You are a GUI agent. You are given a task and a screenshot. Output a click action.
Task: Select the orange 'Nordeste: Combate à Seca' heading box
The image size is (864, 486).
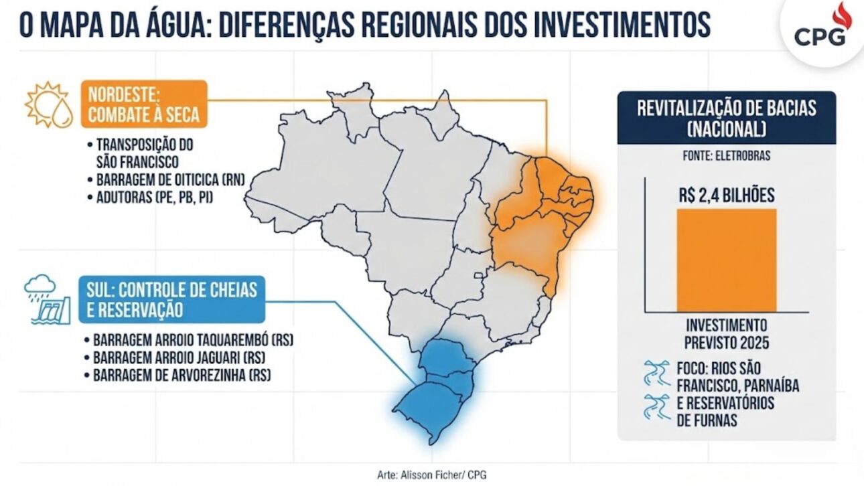tap(145, 104)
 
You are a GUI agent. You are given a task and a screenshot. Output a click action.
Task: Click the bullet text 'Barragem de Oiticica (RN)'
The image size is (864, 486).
tap(171, 179)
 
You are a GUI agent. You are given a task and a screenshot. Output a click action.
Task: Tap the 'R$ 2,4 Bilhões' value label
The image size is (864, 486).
tap(727, 196)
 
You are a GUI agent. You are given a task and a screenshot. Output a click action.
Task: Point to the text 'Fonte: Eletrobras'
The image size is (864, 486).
tap(727, 156)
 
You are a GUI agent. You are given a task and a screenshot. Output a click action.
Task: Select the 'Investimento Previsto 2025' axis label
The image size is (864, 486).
tap(727, 332)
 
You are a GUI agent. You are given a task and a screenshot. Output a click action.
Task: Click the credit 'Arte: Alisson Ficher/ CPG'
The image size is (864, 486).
tap(433, 475)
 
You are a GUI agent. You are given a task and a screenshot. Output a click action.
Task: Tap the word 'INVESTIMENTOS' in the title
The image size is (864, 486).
tap(620, 25)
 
